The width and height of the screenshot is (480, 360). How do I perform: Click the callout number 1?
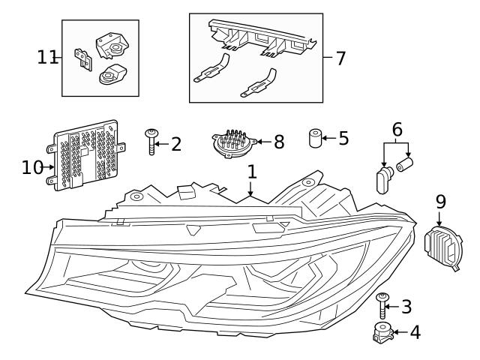click(x=252, y=171)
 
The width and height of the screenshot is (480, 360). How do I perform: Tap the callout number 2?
click(x=175, y=144)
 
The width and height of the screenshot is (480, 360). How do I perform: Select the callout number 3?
click(x=406, y=306)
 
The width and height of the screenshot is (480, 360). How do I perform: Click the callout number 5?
click(x=343, y=138)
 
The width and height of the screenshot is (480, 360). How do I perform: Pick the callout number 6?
click(x=397, y=129)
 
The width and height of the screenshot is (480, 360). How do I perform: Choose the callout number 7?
click(x=340, y=58)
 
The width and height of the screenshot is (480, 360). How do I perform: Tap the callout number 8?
click(x=278, y=142)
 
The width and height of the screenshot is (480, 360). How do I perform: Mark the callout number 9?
click(x=440, y=201)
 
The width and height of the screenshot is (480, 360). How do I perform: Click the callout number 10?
click(x=32, y=166)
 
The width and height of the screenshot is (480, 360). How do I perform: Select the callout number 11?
click(x=46, y=56)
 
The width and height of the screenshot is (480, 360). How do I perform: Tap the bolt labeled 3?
click(x=383, y=306)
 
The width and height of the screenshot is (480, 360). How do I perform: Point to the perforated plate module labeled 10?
click(x=84, y=155)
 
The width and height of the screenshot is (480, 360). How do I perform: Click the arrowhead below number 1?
click(x=252, y=195)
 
